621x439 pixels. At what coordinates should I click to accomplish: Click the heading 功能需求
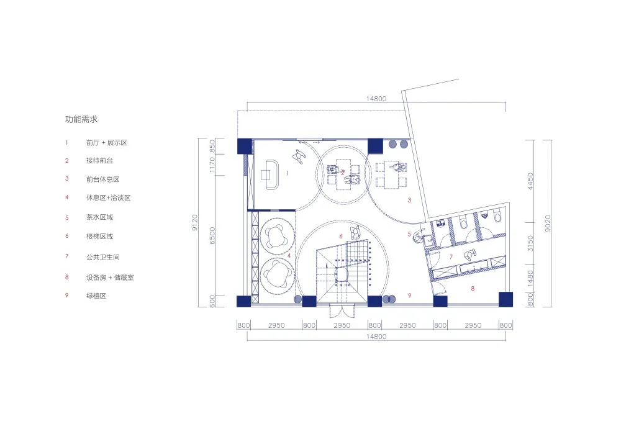(81, 119)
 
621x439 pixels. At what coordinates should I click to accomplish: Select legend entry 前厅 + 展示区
(107, 143)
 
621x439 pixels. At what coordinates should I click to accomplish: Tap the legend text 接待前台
(100, 160)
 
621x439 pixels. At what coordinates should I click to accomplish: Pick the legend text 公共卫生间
(103, 257)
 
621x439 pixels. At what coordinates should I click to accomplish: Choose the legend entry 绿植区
(96, 296)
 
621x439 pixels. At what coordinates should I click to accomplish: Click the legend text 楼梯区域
(100, 237)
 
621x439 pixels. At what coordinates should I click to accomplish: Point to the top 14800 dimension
(376, 99)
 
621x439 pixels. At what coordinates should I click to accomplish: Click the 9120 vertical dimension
(194, 222)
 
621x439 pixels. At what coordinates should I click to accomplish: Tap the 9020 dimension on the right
(547, 224)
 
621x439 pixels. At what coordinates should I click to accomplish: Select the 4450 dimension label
(530, 181)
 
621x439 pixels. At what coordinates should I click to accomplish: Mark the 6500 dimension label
(212, 235)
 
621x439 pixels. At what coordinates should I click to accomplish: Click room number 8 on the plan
(473, 289)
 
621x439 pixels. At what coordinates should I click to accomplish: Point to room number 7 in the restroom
(451, 257)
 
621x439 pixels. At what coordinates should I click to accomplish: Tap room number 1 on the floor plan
(288, 173)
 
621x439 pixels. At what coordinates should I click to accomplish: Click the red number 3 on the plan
(409, 200)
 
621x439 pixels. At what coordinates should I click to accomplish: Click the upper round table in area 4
(277, 237)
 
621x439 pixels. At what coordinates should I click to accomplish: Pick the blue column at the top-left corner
(245, 146)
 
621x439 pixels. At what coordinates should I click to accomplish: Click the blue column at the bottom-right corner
(505, 300)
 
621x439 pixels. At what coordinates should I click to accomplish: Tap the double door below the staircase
(342, 310)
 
